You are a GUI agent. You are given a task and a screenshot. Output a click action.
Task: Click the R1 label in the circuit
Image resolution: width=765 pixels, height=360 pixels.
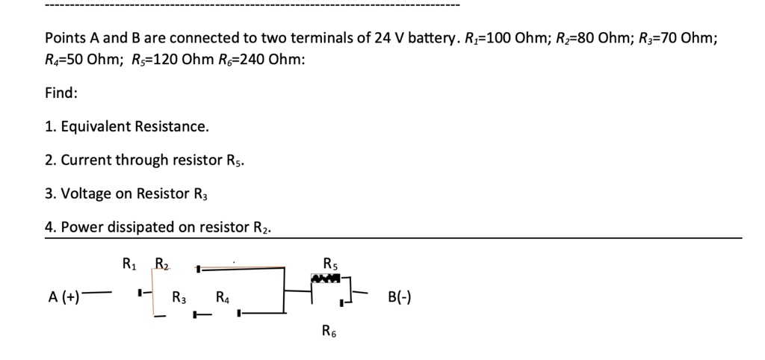pyautogui.click(x=128, y=263)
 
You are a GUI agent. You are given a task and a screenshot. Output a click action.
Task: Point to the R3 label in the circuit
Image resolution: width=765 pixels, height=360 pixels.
pyautogui.click(x=179, y=298)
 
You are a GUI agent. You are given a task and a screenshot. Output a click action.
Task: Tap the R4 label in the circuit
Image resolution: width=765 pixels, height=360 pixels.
pyautogui.click(x=223, y=298)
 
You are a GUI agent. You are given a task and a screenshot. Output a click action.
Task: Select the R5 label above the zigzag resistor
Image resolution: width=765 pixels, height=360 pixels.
pyautogui.click(x=330, y=263)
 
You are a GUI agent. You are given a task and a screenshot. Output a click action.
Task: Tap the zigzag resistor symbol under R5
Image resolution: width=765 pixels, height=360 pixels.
pyautogui.click(x=326, y=278)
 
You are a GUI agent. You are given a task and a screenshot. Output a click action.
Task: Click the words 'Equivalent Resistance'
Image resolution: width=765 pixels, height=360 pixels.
pyautogui.click(x=134, y=126)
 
